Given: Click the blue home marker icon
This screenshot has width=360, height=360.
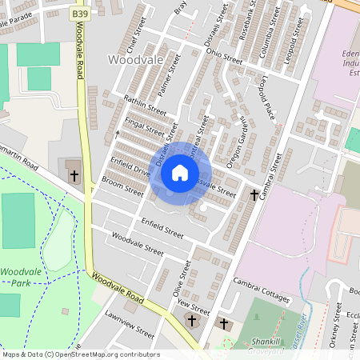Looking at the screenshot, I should (180, 173).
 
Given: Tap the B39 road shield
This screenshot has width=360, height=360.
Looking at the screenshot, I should (78, 14).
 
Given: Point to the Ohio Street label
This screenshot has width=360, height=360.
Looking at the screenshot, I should (224, 54).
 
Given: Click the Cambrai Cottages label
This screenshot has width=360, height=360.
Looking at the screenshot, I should (261, 289).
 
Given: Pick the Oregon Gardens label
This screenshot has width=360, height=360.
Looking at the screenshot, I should (238, 143).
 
